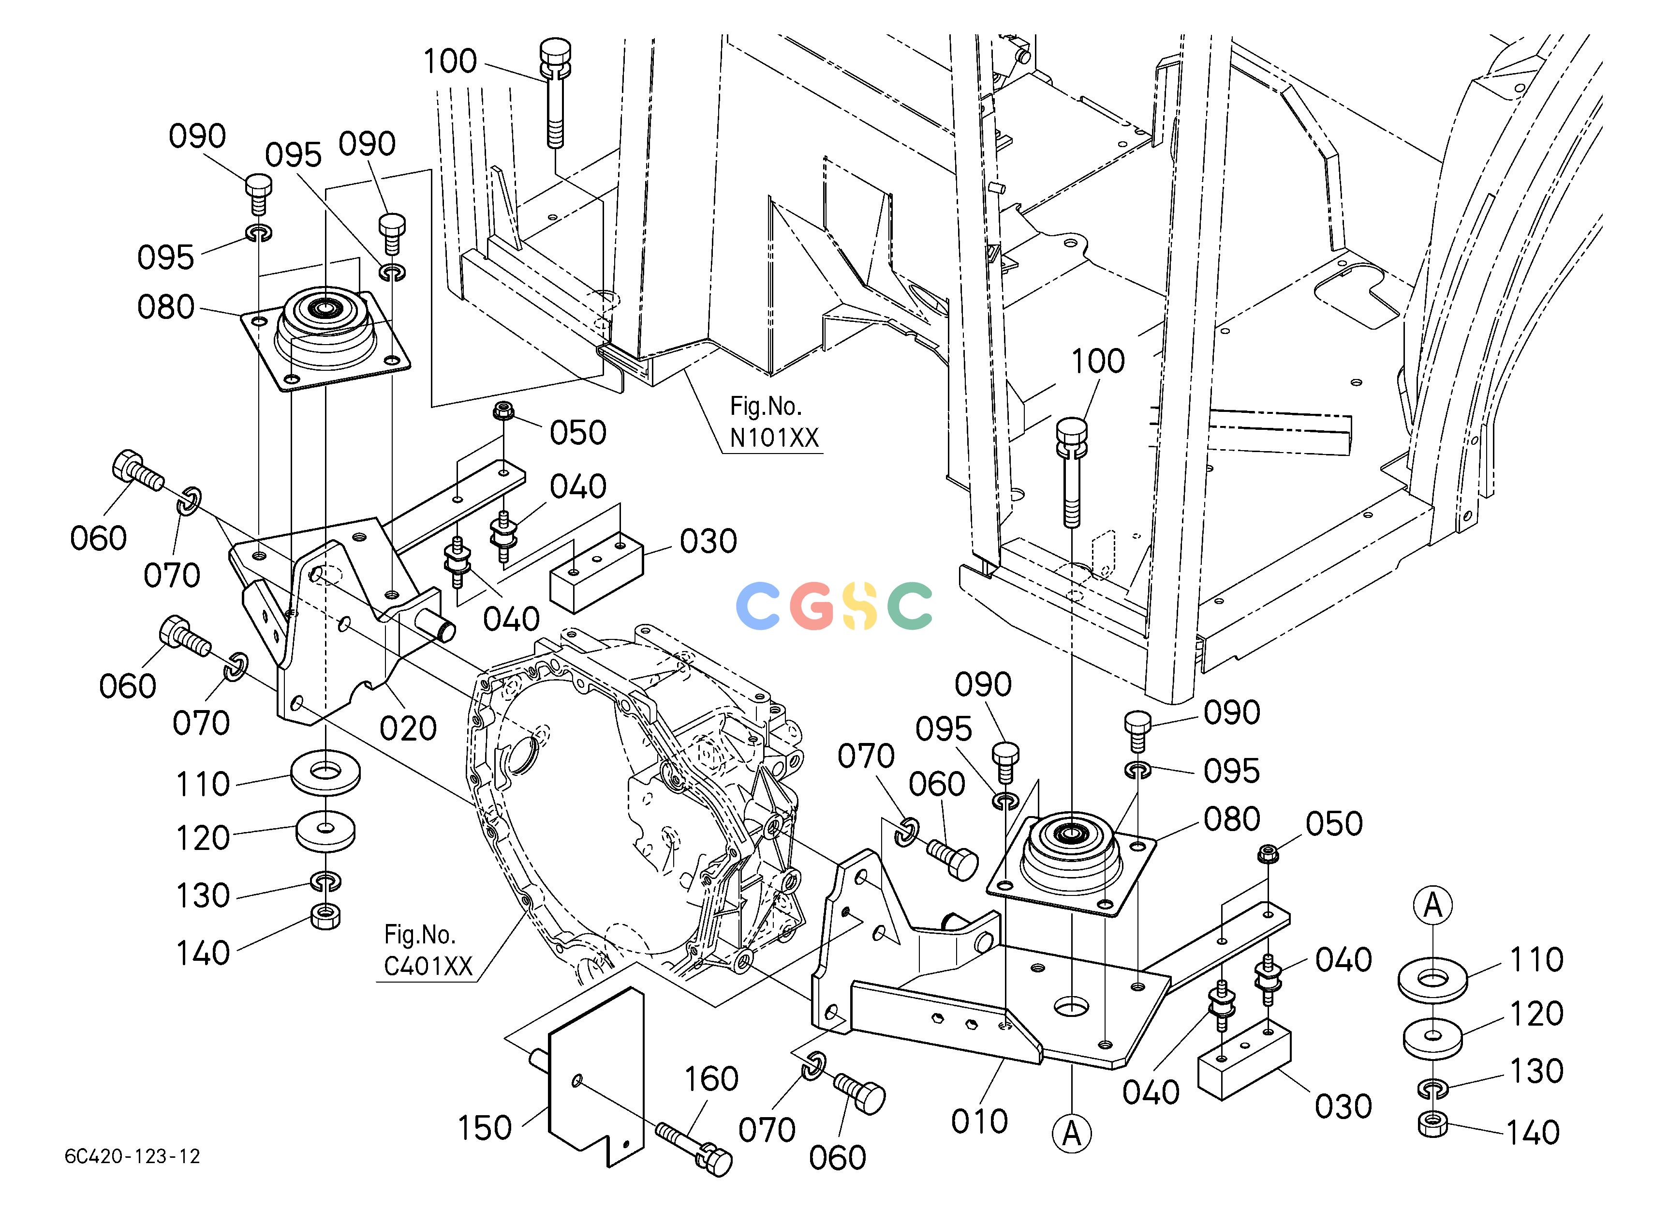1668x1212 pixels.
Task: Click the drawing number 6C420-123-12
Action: tap(133, 1156)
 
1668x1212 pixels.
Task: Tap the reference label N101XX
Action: tap(774, 438)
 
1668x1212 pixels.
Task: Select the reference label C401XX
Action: tap(428, 966)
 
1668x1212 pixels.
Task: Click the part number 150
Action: tap(484, 1127)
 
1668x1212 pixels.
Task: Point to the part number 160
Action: tap(711, 1079)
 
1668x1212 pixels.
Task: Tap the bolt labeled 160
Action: tap(694, 1147)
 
